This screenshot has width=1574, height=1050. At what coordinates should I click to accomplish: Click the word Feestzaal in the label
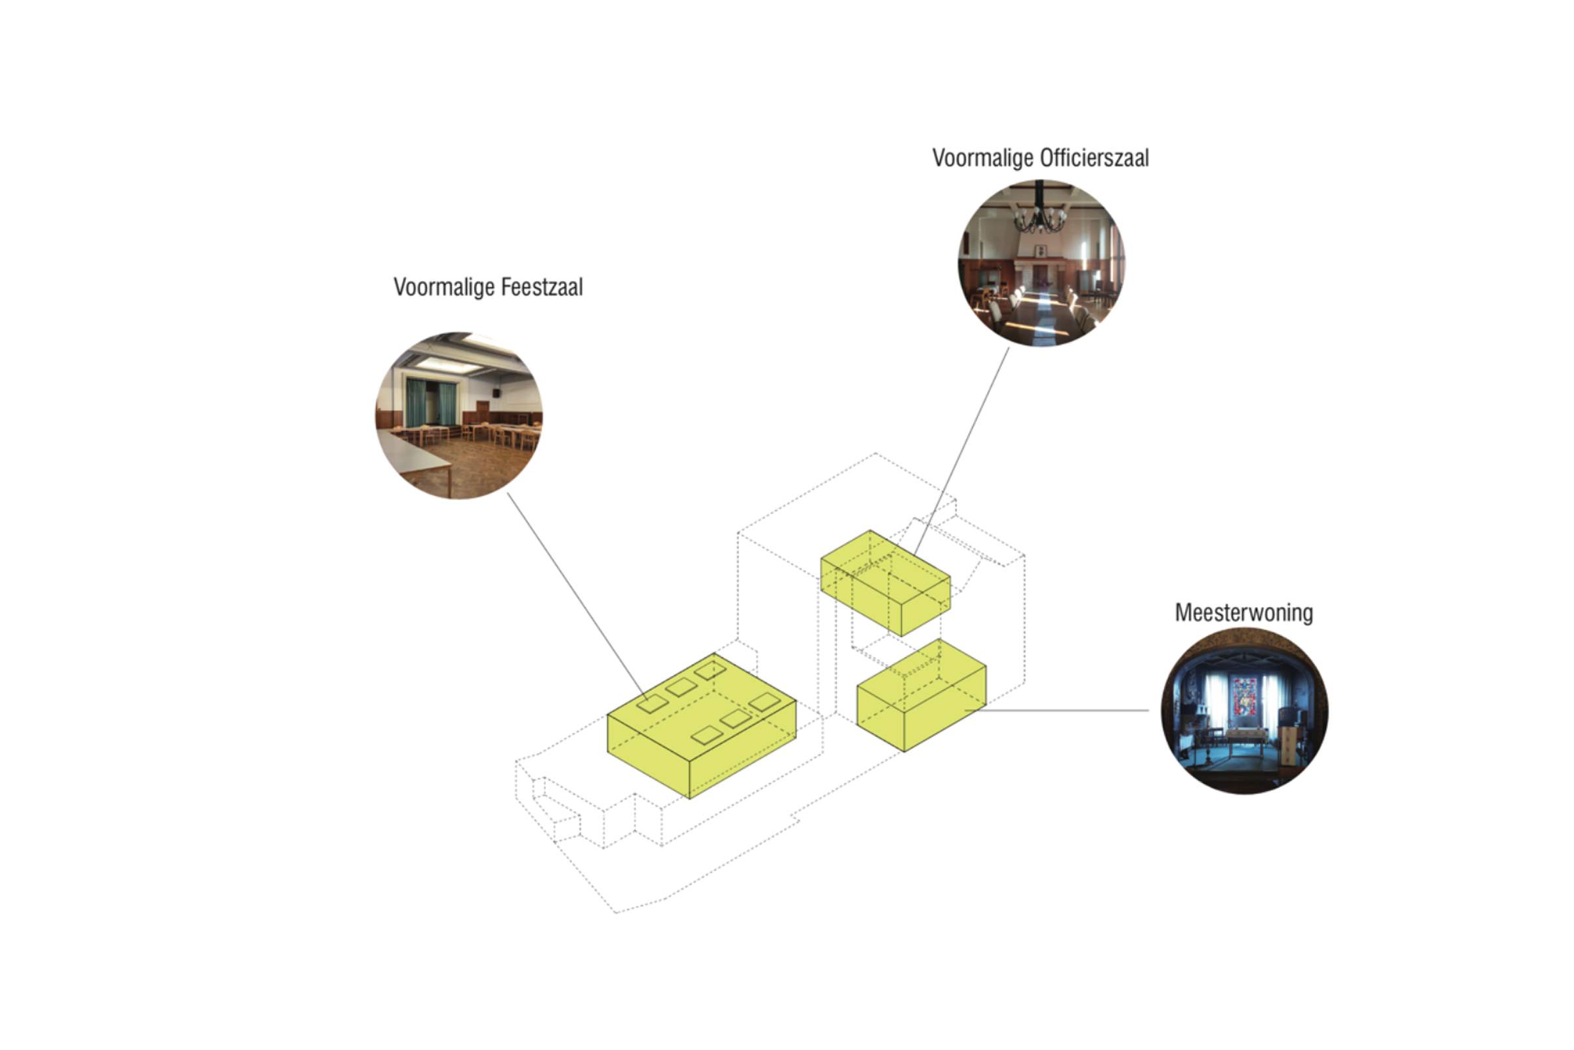point(542,287)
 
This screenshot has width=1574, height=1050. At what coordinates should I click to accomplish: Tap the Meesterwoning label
point(1243,613)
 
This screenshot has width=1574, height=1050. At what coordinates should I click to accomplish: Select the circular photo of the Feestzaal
point(459,415)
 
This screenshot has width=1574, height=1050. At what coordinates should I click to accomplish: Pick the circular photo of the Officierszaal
point(1041,263)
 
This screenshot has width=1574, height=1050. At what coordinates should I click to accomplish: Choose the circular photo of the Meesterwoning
point(1245,711)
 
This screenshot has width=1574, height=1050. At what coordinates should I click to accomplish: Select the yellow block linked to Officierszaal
point(885,583)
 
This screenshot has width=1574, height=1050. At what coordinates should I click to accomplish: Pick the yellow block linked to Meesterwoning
point(921,695)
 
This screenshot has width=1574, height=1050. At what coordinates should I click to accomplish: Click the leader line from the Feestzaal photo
point(577,597)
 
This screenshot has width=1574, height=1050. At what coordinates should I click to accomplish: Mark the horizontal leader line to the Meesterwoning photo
point(1057,711)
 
